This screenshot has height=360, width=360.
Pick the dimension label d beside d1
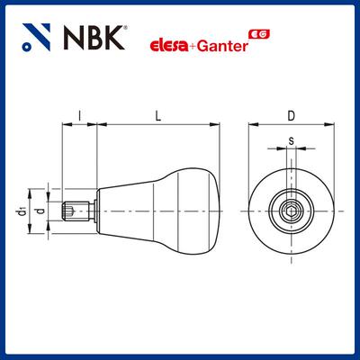tap(38, 211)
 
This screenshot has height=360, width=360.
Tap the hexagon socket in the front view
tap(290, 211)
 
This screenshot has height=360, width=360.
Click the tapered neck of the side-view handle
tap(126, 211)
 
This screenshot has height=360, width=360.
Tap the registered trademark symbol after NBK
tap(122, 30)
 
